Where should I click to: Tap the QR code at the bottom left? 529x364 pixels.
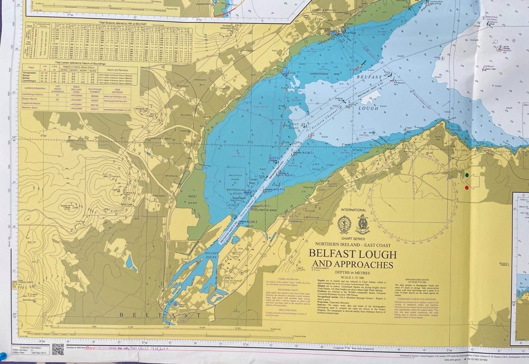58,349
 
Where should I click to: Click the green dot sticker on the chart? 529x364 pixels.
467,176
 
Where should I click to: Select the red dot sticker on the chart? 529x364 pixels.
467,188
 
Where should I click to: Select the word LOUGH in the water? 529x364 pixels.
368,108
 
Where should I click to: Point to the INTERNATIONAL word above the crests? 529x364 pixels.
353,210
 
